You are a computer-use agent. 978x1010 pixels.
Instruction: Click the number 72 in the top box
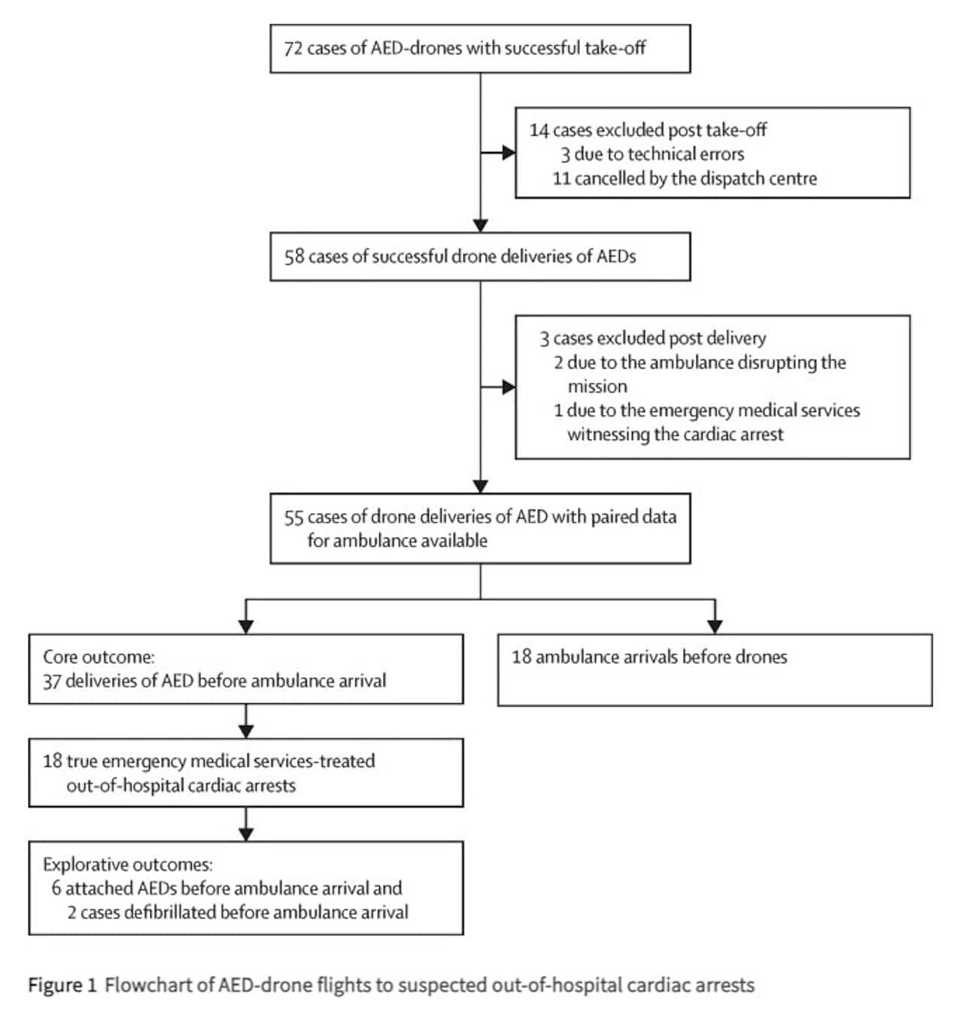click(x=292, y=48)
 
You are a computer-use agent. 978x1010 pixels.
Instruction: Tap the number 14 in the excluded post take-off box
click(x=539, y=130)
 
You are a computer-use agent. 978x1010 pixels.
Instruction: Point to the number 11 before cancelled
click(x=562, y=178)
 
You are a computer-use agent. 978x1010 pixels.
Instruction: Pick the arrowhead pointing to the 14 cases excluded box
click(x=509, y=153)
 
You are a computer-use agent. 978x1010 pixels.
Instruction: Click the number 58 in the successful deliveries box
click(x=294, y=256)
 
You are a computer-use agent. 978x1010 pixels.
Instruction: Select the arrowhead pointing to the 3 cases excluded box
click(x=509, y=387)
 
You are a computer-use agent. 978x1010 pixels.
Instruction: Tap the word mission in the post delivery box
click(x=597, y=386)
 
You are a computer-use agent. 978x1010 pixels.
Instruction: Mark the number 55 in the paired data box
click(x=293, y=517)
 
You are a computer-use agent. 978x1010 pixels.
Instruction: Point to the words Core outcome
click(x=99, y=657)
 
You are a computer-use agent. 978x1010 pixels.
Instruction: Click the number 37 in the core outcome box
click(x=53, y=681)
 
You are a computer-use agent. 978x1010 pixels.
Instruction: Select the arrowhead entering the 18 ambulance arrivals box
click(x=715, y=626)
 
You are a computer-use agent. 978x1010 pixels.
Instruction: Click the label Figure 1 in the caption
click(x=62, y=984)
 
